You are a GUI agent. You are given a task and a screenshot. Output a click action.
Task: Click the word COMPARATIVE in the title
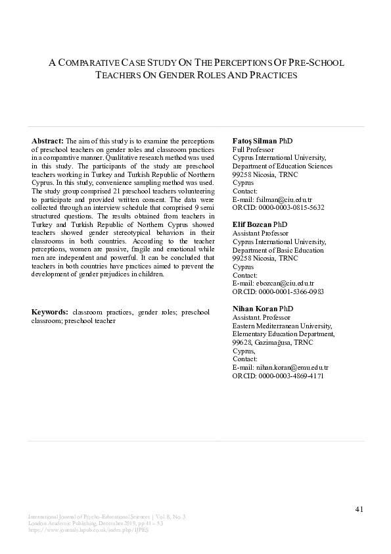coord(89,63)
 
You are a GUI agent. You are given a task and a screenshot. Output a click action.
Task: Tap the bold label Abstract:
coord(47,141)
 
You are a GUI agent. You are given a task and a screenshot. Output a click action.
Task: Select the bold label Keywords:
coord(50,312)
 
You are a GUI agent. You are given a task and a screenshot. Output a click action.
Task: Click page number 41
coord(359,509)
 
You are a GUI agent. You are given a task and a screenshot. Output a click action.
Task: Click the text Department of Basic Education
coord(278,250)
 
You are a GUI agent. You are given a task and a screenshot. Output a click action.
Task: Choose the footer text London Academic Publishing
coord(58,524)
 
